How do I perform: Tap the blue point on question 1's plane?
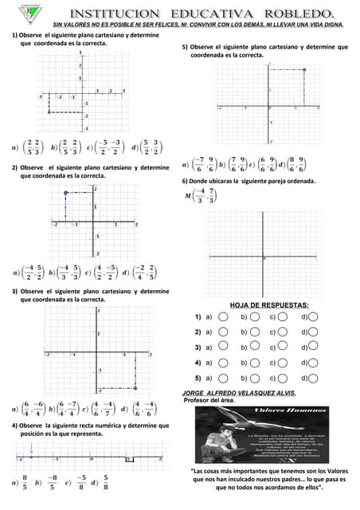(x=49, y=112)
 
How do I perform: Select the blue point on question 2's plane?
(x=65, y=193)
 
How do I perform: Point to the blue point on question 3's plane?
(x=136, y=388)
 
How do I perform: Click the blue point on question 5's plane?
(x=305, y=69)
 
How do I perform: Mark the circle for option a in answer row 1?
(x=224, y=317)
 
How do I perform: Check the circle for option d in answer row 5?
(x=313, y=378)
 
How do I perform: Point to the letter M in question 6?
(x=187, y=195)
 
